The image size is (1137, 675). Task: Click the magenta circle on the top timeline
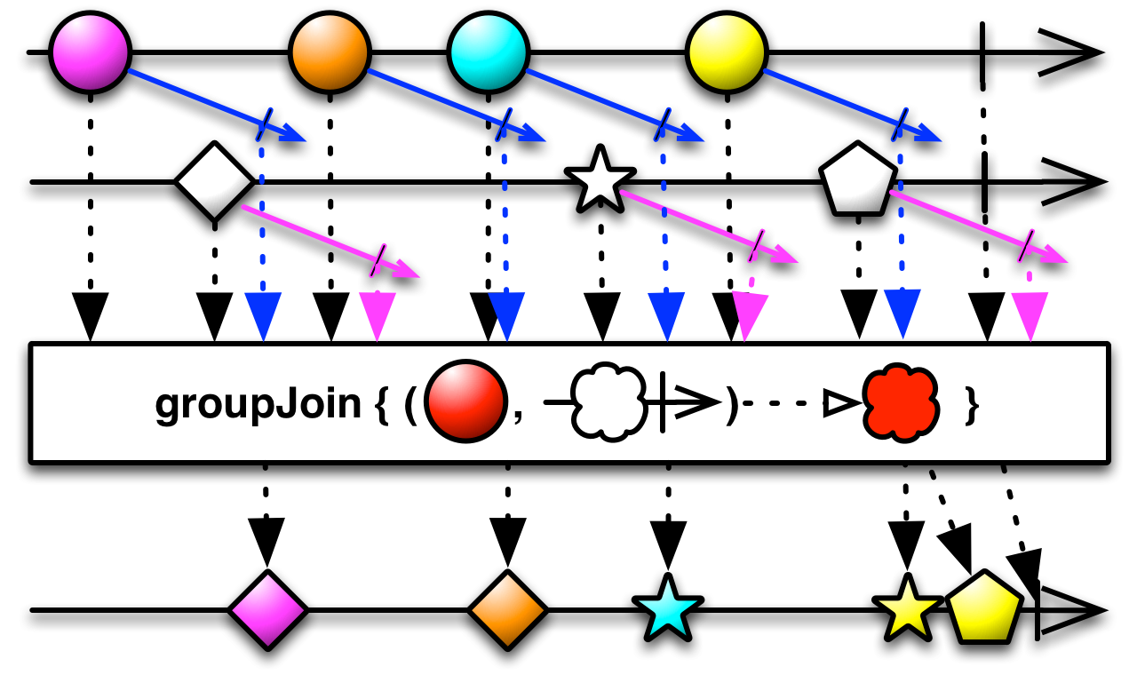(91, 52)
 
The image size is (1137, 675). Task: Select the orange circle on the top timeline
(330, 52)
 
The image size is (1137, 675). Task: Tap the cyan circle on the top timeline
(488, 52)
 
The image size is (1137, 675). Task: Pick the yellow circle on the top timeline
(727, 52)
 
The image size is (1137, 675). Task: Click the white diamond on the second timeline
(214, 181)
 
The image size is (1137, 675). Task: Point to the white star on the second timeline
(601, 180)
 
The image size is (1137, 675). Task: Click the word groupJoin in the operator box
(258, 405)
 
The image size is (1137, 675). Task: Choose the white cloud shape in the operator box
(608, 404)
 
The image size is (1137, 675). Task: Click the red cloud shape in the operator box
(902, 404)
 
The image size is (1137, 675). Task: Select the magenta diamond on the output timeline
(267, 610)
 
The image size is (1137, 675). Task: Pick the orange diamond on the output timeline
(507, 610)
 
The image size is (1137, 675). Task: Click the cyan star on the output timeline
(667, 608)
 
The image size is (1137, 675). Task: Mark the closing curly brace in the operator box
(973, 405)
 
